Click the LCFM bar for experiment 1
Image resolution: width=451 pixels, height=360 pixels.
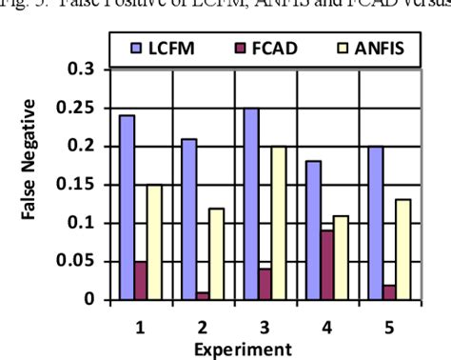coord(127,208)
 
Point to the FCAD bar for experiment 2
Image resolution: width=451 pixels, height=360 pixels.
coord(204,295)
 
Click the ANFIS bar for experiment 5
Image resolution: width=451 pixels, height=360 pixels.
coord(403,250)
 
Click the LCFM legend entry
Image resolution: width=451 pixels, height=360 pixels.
coord(163,44)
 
